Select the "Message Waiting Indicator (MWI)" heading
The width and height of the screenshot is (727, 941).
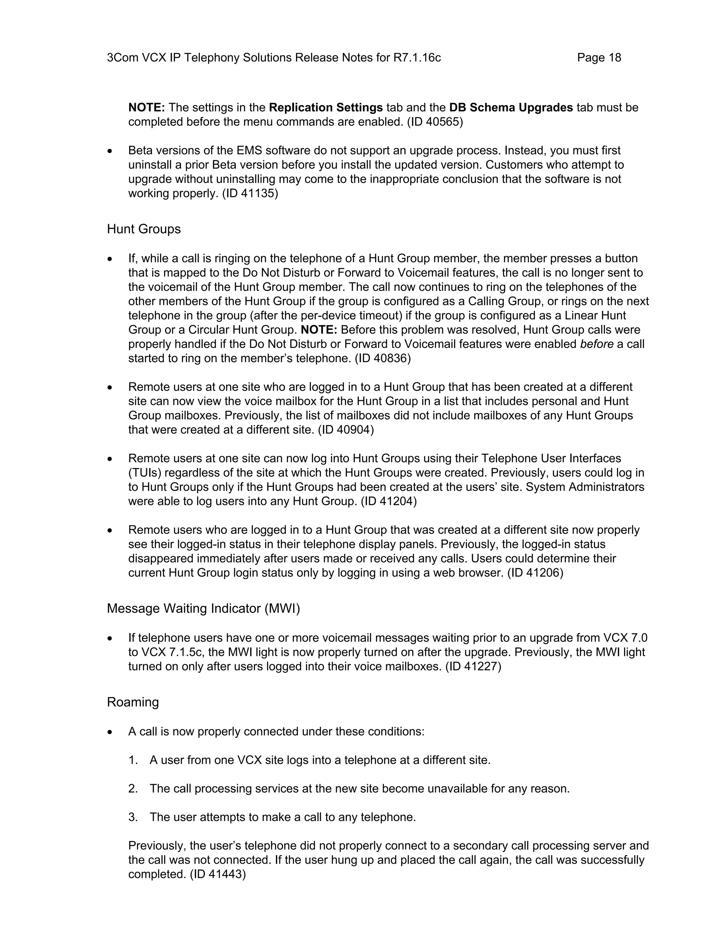(203, 608)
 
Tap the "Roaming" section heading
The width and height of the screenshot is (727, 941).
(133, 702)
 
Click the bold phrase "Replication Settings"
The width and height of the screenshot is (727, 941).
(326, 107)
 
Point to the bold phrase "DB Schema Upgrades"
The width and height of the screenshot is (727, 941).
(511, 107)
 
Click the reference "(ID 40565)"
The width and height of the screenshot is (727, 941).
(435, 122)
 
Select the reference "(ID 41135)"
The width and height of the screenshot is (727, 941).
(250, 194)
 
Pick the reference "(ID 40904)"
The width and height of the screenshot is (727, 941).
(346, 430)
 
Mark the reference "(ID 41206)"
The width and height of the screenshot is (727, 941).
(535, 573)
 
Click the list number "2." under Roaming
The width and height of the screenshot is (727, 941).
(133, 788)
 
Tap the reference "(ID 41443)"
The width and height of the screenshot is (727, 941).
(218, 874)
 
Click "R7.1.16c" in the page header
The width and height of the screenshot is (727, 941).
(417, 58)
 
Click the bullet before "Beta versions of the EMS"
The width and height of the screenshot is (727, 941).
(110, 151)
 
